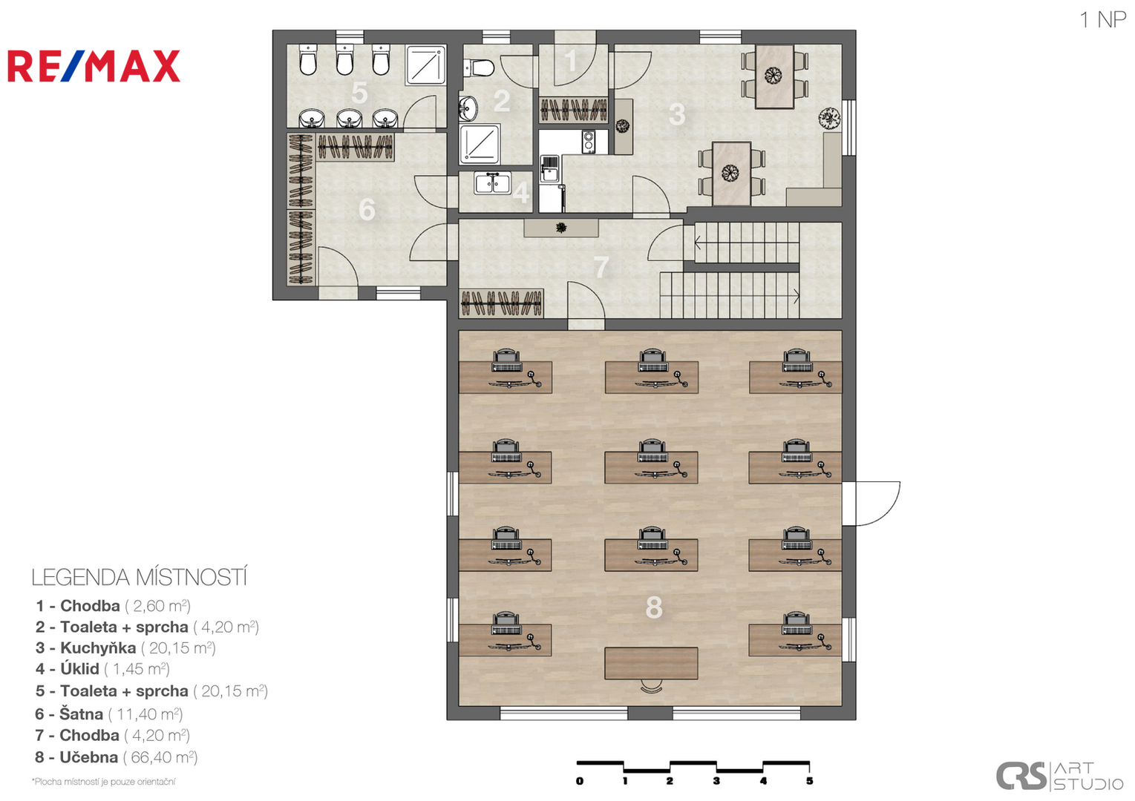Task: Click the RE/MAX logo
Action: click(94, 66)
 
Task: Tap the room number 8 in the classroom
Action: click(654, 607)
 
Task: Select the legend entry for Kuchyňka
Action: click(125, 648)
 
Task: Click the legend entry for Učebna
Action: click(116, 757)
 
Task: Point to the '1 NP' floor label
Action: click(1102, 20)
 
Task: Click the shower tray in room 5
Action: click(425, 65)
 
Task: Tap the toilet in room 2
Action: click(478, 67)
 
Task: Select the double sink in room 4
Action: click(492, 182)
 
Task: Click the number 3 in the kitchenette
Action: click(677, 114)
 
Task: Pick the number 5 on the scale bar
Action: click(810, 781)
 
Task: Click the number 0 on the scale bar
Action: click(580, 781)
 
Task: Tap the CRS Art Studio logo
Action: click(1060, 776)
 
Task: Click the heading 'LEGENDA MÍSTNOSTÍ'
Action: click(140, 578)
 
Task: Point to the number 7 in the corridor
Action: click(601, 267)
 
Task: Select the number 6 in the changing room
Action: click(367, 210)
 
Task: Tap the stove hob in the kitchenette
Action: click(588, 142)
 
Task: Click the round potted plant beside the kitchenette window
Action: click(829, 118)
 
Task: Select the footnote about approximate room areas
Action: click(103, 782)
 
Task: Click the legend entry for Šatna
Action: click(108, 714)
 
